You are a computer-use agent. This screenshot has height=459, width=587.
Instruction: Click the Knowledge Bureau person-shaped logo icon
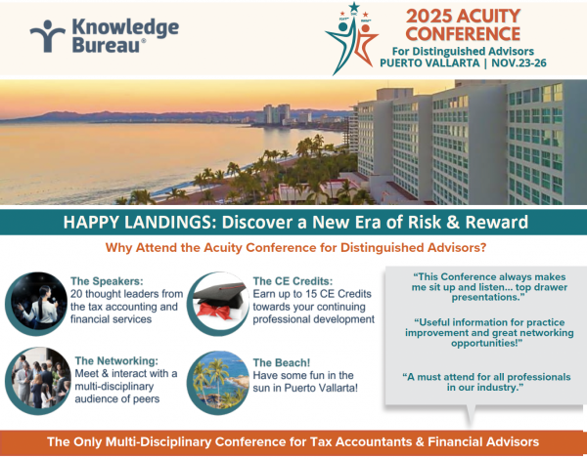[48, 36]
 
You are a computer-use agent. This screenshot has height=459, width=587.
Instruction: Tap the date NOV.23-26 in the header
[519, 63]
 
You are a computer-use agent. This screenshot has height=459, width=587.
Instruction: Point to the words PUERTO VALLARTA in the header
[429, 63]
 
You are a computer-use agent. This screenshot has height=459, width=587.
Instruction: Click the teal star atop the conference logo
[354, 7]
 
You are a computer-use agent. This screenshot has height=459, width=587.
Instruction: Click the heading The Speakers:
[107, 281]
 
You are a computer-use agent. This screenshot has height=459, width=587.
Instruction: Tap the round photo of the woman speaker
[36, 304]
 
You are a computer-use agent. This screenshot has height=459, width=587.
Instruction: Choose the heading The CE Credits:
[293, 281]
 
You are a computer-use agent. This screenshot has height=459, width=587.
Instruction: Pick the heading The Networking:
[116, 360]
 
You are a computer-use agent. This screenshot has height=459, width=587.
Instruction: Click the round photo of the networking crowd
[38, 381]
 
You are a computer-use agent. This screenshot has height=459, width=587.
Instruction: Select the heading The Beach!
[282, 362]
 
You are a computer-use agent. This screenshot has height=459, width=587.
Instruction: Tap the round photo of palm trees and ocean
[218, 383]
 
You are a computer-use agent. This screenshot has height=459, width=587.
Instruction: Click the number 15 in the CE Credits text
[311, 294]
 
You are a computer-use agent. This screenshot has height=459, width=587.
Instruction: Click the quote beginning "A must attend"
[486, 382]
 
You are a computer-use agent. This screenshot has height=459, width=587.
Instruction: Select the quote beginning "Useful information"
[489, 333]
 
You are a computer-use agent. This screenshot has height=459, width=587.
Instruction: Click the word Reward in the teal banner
[496, 222]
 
